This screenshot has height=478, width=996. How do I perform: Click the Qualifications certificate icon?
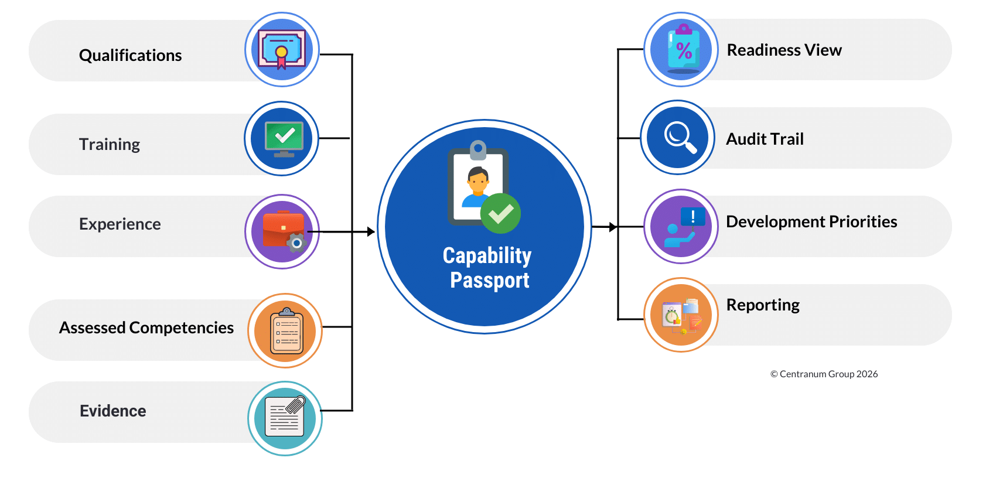pos(282,50)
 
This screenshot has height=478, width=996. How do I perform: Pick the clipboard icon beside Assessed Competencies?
pos(285,331)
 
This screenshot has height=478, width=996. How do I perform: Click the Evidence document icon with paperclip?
pos(285,418)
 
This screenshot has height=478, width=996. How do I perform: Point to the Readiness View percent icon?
pos(681,50)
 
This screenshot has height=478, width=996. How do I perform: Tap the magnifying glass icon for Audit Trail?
pos(678,138)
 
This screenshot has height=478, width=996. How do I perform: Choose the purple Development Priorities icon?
pos(681,227)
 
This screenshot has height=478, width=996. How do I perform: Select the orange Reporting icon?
pos(681,315)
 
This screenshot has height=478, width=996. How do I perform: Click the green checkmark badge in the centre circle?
pos(500,213)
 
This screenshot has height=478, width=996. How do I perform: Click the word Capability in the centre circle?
pos(487,255)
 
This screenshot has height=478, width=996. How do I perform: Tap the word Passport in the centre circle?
pos(489,280)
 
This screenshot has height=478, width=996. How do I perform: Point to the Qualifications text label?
pos(130,55)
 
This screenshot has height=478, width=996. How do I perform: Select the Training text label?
pos(110,144)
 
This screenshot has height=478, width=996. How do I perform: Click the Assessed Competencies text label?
pos(146,327)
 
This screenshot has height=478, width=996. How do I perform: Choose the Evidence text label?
pos(113,411)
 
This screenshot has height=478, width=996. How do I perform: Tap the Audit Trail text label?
pos(765,139)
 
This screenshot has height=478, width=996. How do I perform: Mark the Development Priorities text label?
pos(811,221)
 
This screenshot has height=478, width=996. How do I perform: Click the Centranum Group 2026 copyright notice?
pos(824,374)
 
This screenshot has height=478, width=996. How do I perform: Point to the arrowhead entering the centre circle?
pos(371,232)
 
